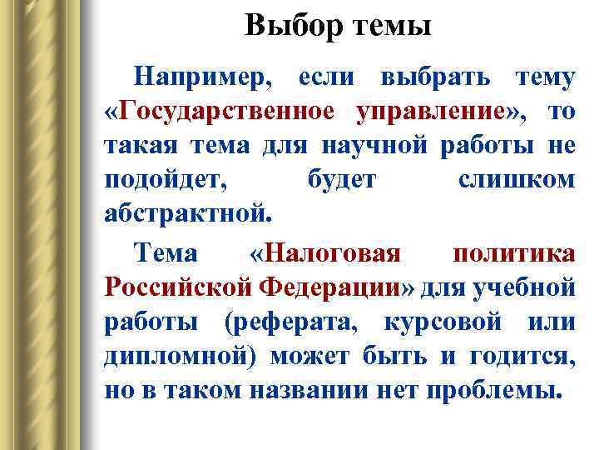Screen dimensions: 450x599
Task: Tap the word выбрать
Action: click(433, 78)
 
